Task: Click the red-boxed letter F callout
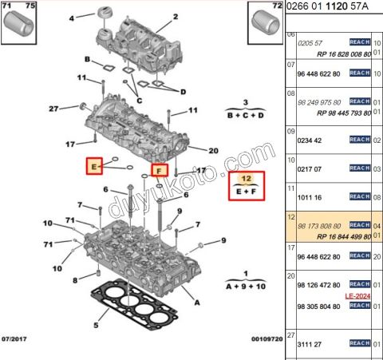tap(160, 170)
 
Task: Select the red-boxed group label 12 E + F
tap(247, 186)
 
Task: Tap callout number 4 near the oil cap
tap(70, 18)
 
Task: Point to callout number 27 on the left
tap(54, 109)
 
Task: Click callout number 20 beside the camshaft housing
tap(213, 151)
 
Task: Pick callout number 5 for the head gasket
tap(96, 325)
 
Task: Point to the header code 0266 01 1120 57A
tap(335, 7)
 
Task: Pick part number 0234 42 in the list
tap(310, 139)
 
